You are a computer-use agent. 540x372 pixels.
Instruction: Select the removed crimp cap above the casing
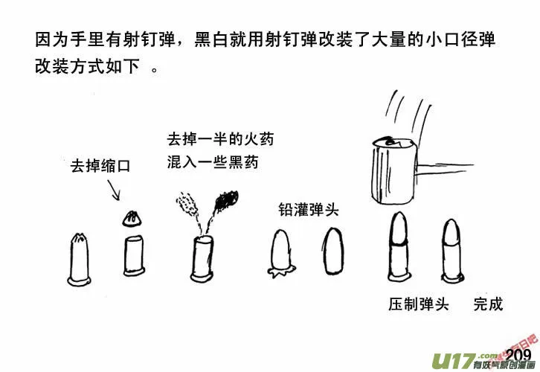tap(132, 217)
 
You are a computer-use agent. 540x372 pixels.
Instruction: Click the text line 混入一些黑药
tap(213, 161)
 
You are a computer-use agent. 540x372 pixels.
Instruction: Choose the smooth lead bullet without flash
tap(332, 251)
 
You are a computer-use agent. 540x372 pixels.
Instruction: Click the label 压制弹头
tap(418, 304)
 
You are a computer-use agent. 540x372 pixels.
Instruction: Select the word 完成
tap(488, 304)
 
